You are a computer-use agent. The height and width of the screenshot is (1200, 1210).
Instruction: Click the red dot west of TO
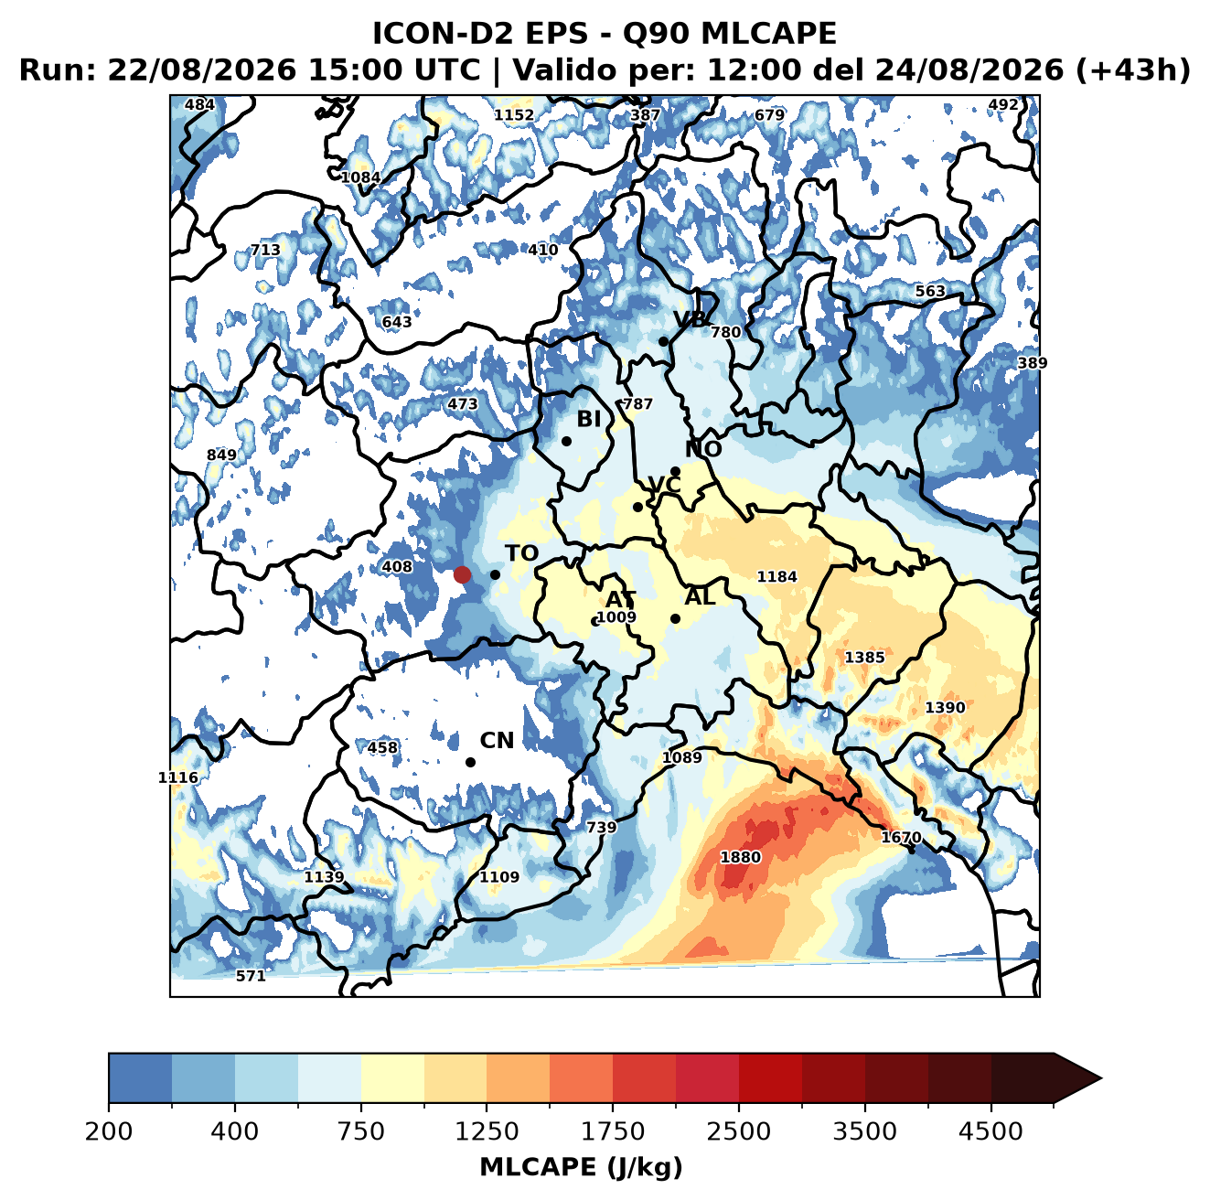coord(462,574)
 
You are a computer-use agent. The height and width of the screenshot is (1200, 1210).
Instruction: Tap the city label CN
coord(497,741)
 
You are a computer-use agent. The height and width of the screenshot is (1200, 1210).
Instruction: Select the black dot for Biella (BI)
coord(566,442)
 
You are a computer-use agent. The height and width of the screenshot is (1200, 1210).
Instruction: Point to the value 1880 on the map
coord(740,857)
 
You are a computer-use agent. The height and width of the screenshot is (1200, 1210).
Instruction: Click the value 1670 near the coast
coord(901,837)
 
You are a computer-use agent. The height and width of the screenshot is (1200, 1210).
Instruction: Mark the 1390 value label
coord(945,708)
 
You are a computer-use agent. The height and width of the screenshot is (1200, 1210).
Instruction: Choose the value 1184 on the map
coord(776,576)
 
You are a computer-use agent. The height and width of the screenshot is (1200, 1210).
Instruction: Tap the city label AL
coord(701,596)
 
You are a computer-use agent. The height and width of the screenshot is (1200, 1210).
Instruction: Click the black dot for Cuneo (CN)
coord(470,762)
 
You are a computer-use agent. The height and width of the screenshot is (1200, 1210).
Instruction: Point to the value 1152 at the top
coord(514,115)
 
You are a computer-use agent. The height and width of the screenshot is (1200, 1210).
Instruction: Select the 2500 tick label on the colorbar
coord(738,1130)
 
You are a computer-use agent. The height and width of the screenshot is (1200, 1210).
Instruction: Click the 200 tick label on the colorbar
coord(109,1130)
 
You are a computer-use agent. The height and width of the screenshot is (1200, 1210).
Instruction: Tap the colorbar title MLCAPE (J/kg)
coord(581,1167)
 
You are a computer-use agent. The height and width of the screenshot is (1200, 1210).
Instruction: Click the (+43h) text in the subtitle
coord(1132,70)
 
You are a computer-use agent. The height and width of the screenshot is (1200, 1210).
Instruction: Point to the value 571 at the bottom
coord(251,975)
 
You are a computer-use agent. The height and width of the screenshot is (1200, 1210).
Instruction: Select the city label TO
coord(522,553)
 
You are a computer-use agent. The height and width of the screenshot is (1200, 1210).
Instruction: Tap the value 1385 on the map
coord(864,657)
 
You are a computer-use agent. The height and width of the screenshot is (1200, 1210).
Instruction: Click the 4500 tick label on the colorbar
coord(990,1130)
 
